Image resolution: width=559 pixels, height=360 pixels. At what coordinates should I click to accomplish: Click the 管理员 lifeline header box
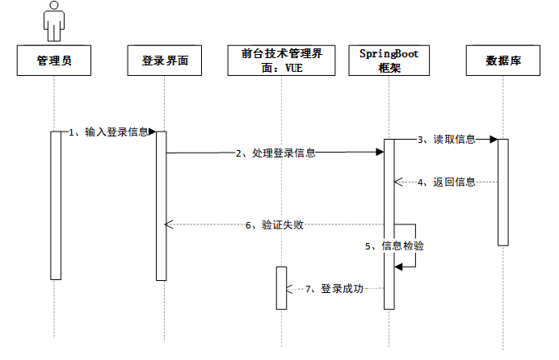[54, 61]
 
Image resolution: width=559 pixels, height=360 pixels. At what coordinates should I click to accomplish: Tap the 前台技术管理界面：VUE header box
[282, 61]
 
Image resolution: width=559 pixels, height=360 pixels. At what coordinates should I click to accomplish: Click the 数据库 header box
[502, 61]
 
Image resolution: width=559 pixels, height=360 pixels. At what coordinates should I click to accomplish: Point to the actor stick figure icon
[54, 20]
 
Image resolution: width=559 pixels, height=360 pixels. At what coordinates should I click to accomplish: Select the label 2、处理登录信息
[275, 152]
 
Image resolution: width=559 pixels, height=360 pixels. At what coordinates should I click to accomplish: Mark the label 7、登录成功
[334, 288]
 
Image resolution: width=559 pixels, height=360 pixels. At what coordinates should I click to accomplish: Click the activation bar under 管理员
[56, 206]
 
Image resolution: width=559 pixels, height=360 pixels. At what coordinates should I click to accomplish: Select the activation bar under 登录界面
[161, 206]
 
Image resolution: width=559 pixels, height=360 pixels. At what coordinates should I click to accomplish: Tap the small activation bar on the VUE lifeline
[281, 288]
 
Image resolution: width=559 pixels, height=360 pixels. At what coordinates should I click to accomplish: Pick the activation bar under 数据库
[502, 192]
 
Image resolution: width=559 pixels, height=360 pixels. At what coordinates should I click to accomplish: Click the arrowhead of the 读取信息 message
[493, 140]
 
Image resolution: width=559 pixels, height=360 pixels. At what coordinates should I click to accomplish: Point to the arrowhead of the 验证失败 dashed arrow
[168, 225]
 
